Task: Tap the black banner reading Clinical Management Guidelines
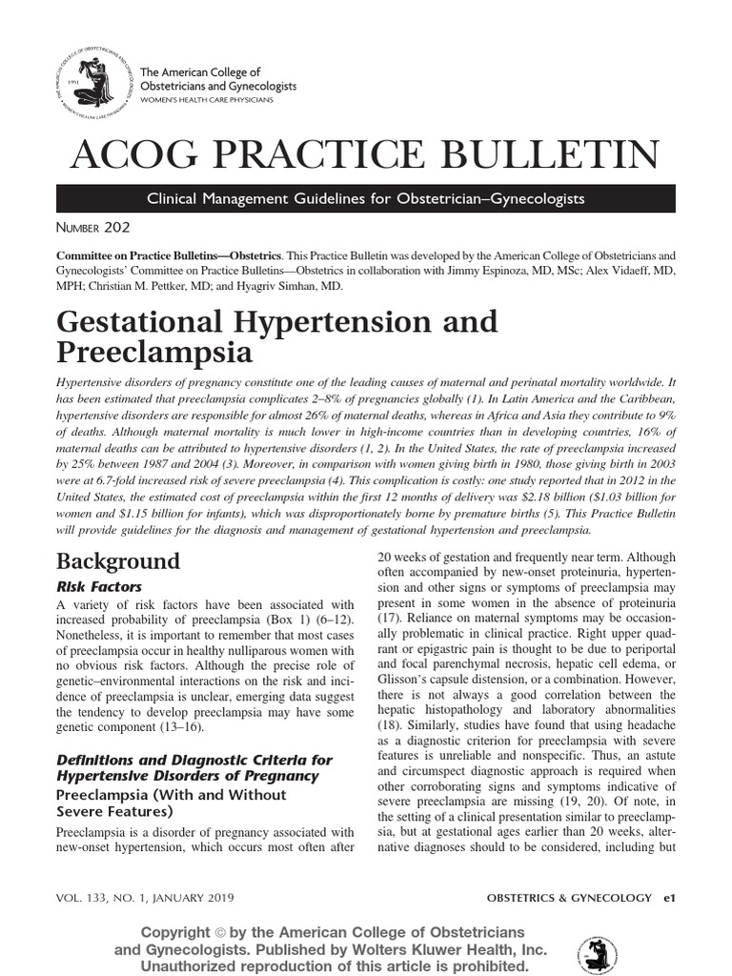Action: click(366, 198)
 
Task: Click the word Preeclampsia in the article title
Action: click(154, 353)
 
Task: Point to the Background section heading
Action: click(118, 560)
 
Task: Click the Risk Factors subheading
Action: click(99, 587)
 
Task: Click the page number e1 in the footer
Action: click(669, 898)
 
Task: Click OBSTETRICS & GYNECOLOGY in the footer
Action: click(569, 898)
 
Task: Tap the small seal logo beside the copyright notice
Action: click(597, 953)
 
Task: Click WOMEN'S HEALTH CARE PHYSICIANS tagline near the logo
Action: click(206, 100)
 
